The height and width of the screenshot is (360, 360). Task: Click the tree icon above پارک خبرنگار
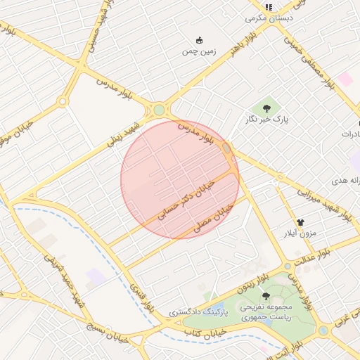pyautogui.click(x=266, y=108)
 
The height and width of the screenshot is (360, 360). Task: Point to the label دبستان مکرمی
pyautogui.click(x=267, y=18)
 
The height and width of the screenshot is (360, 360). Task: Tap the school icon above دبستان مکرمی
pyautogui.click(x=268, y=7)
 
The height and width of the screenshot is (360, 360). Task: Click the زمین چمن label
pyautogui.click(x=198, y=51)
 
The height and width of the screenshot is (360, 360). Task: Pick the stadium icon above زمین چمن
pyautogui.click(x=199, y=39)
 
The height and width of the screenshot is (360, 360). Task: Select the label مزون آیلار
pyautogui.click(x=301, y=232)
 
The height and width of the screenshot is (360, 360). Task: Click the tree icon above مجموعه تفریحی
pyautogui.click(x=266, y=296)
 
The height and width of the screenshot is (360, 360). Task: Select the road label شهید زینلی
pyautogui.click(x=124, y=135)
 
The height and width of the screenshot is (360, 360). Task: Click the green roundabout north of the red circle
pyautogui.click(x=160, y=110)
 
